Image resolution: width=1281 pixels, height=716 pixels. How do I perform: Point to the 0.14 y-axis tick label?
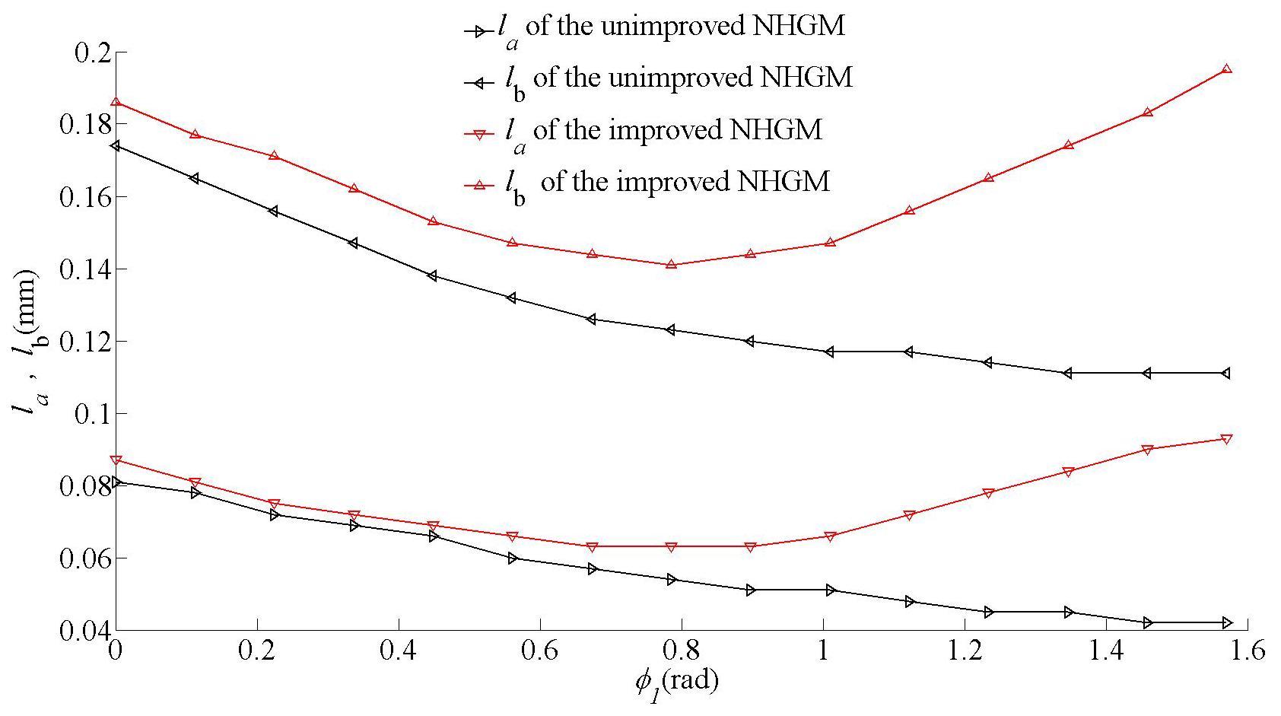point(84,269)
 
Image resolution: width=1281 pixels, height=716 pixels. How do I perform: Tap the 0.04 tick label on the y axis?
point(84,631)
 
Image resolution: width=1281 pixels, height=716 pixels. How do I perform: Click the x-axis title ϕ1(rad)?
point(676,682)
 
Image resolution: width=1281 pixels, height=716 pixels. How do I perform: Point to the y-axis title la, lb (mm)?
point(27,342)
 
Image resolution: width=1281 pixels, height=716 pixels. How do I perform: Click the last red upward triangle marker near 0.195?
point(1226,69)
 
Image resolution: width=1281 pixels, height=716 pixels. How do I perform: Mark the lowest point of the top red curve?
point(671,264)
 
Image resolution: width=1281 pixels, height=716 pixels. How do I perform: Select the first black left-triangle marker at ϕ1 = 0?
point(115,145)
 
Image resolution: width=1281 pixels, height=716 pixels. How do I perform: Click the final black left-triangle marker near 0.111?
point(1225,373)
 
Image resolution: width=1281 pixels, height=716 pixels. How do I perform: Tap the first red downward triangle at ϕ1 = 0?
point(115,460)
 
